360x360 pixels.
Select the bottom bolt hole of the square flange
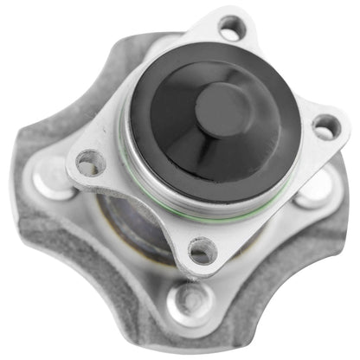point(201,253)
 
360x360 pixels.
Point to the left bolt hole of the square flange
point(88,161)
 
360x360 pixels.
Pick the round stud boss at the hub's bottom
point(188,299)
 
